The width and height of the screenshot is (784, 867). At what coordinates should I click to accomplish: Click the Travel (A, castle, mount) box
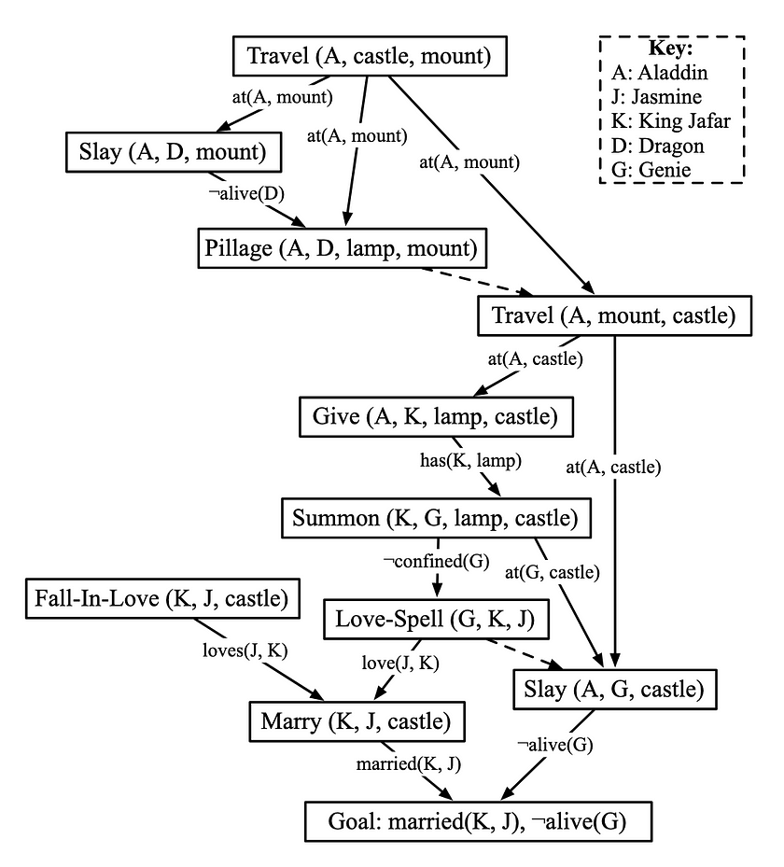click(369, 57)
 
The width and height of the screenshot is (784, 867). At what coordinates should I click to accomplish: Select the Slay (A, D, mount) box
click(175, 152)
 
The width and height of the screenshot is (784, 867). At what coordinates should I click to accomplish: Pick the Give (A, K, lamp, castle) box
click(436, 416)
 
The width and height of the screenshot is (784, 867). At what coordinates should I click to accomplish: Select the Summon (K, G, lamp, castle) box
click(436, 517)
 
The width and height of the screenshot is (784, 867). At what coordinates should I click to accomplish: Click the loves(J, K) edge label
click(245, 650)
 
